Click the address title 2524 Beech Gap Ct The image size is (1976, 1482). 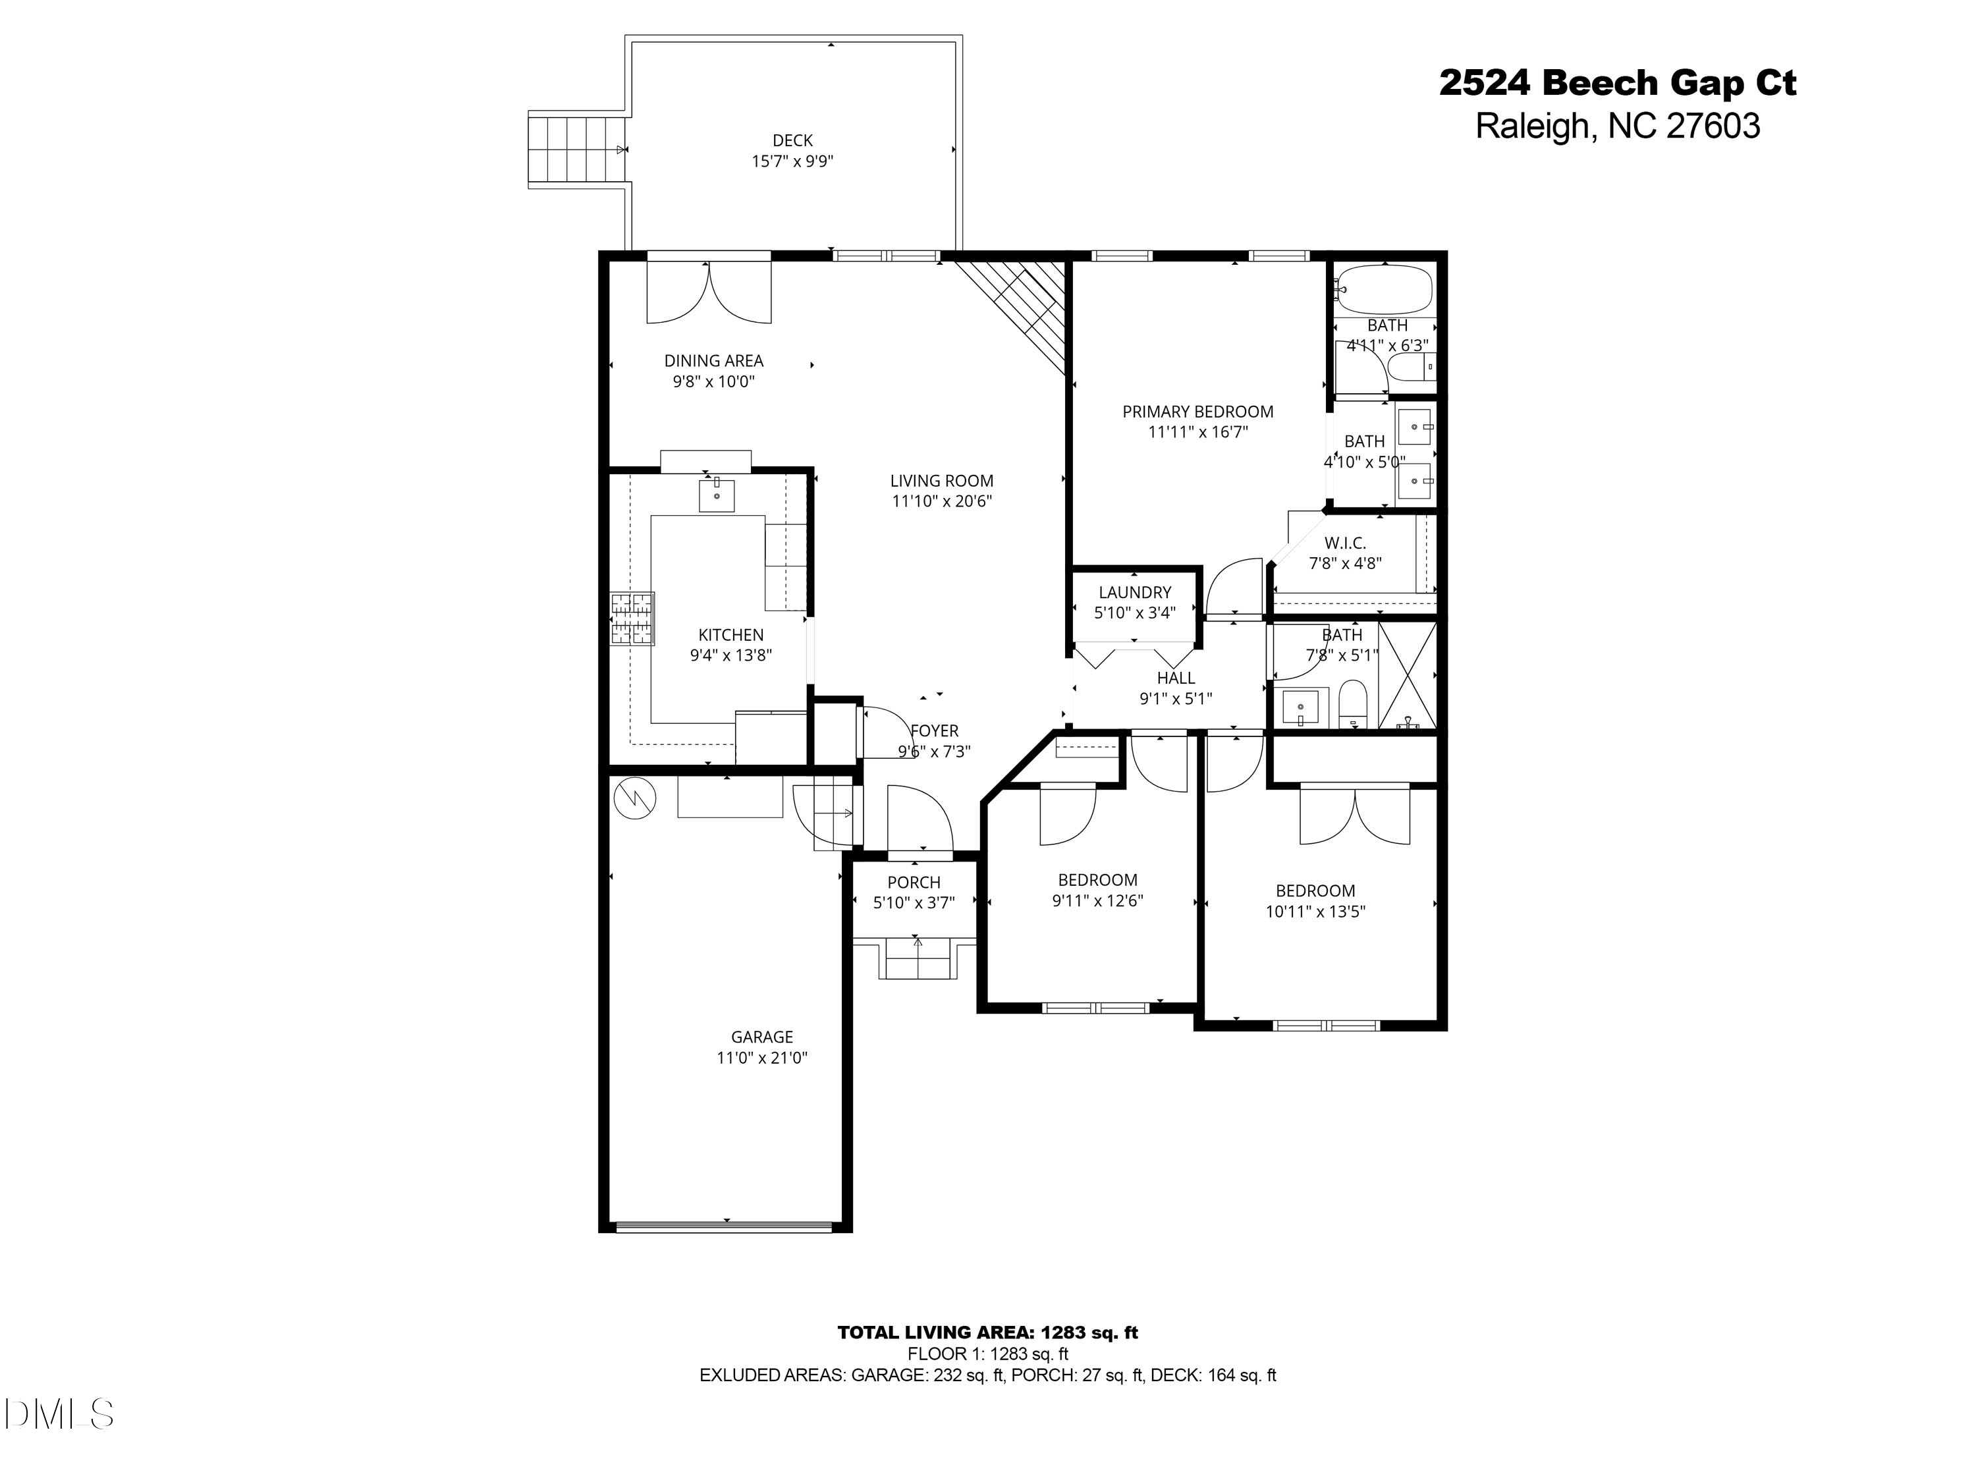pos(1617,84)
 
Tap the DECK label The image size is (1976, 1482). pos(792,140)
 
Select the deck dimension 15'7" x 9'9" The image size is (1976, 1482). pos(792,161)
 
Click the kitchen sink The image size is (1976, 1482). pos(717,495)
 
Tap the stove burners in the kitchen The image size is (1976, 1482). pos(632,618)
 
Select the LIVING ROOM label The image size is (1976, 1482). pos(941,481)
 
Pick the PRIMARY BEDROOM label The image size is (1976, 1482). pos(1197,412)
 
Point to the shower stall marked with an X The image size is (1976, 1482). pos(1407,675)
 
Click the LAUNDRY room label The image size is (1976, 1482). pos(1134,592)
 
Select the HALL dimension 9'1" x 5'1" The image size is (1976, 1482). pos(1176,699)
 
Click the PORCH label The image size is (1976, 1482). pos(914,883)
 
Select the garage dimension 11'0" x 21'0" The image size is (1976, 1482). pos(762,1058)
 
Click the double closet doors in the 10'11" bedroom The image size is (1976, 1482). pos(1354,815)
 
